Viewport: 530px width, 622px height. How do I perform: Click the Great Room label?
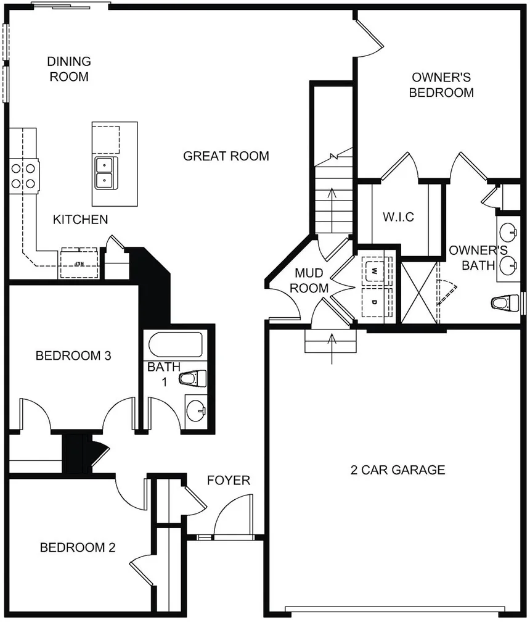(x=226, y=156)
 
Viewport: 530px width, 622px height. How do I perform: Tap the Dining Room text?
(x=69, y=68)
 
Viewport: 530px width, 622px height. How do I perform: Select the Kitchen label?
(x=80, y=220)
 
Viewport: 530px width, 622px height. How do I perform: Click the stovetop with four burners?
(x=24, y=175)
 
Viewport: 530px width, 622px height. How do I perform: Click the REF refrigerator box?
(x=79, y=263)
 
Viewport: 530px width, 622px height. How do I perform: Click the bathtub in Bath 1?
(x=176, y=345)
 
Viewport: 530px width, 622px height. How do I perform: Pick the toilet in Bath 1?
(x=193, y=379)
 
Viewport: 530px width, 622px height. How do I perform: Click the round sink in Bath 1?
(x=196, y=411)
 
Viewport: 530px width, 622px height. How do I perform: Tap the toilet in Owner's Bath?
(x=505, y=303)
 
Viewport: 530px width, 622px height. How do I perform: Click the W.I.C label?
(x=399, y=217)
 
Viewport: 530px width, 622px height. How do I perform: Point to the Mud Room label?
(x=309, y=280)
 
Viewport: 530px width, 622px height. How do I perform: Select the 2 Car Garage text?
(x=397, y=470)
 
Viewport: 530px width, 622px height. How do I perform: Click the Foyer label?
(x=229, y=480)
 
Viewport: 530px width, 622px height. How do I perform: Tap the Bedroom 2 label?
(x=78, y=547)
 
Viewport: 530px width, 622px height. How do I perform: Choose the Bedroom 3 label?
(x=73, y=355)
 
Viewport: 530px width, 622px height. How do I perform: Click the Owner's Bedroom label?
(x=441, y=85)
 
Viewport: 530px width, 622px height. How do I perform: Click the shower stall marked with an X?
(x=419, y=292)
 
